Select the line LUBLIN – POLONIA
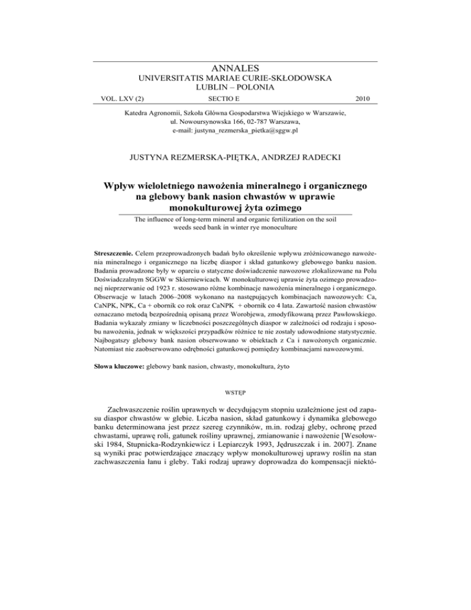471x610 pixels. click(x=235, y=88)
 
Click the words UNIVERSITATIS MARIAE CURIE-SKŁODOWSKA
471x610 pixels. click(x=235, y=78)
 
